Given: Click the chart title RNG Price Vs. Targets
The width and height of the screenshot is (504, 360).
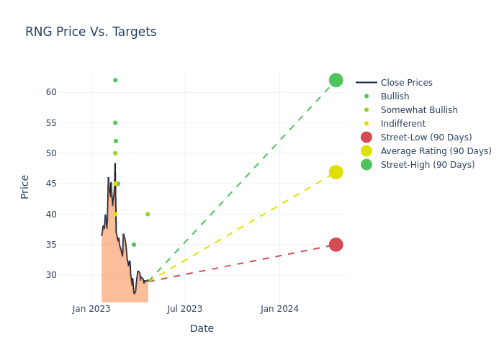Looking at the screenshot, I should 91,32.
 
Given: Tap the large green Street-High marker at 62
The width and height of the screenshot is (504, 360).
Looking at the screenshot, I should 336,80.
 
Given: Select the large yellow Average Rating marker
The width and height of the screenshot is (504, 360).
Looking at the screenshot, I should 336,172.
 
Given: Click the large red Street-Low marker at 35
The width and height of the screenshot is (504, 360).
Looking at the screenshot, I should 336,245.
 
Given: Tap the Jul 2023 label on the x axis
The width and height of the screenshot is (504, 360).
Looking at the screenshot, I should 185,309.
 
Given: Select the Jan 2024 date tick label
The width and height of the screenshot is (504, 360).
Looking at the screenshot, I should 279,309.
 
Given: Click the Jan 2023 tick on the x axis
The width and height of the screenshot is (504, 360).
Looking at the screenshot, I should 91,309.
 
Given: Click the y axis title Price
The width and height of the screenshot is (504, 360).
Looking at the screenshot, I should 25,186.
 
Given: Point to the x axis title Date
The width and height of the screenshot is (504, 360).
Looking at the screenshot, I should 202,328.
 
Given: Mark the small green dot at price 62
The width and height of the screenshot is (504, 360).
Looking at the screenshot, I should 115,80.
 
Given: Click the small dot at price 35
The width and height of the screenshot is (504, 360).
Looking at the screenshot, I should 134,245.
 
